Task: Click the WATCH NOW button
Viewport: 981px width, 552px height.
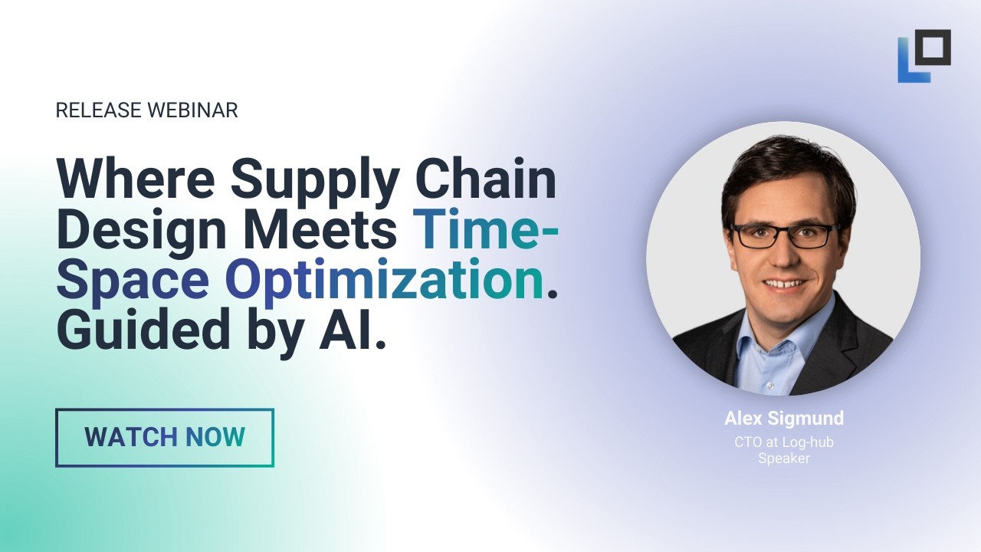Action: coord(164,438)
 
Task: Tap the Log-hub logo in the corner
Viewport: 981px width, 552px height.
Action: coord(924,55)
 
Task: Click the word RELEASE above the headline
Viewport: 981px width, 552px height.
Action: coord(99,110)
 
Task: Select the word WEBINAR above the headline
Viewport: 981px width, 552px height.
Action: coord(192,110)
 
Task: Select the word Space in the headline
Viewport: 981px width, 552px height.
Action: coord(133,281)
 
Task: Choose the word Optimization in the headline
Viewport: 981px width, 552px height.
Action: coord(383,281)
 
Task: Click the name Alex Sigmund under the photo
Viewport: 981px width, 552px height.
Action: coord(784,419)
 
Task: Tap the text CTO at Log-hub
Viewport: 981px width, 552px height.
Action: coord(784,442)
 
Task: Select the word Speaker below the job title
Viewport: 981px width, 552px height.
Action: coord(784,458)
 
